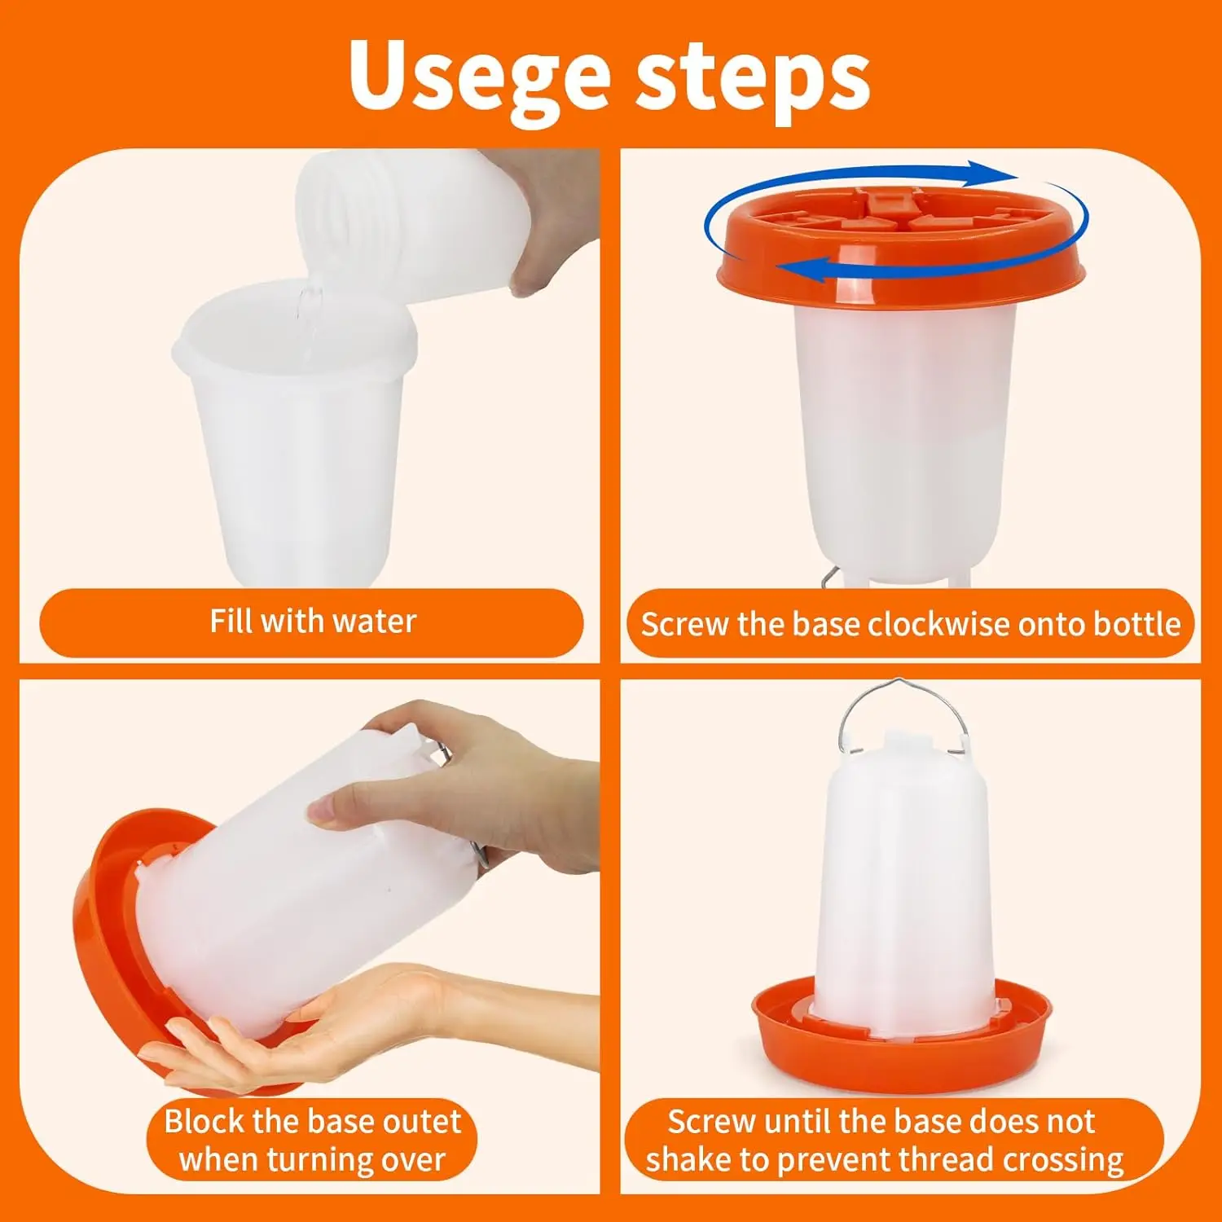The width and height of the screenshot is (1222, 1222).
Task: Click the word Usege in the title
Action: (x=480, y=76)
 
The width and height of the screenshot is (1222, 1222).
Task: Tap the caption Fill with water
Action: (x=313, y=622)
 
